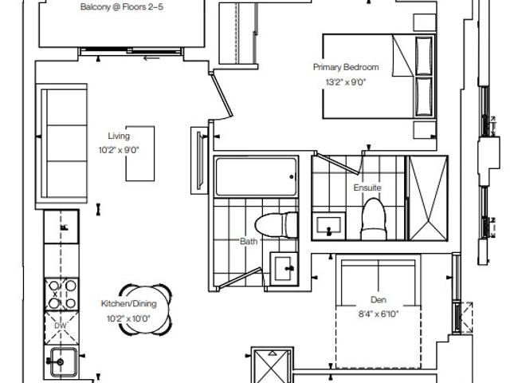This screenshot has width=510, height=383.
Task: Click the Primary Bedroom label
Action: coord(346,67)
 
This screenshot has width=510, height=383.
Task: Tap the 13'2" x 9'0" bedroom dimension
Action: coord(346,82)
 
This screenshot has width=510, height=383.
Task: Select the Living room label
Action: coord(119,136)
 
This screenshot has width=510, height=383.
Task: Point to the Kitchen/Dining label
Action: coord(129,303)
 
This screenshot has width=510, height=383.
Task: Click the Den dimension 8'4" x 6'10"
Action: coord(379,314)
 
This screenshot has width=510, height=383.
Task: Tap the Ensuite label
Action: coord(367,188)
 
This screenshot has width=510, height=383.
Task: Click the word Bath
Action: coord(249,241)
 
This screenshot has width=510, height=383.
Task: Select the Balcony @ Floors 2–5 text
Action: coord(122,7)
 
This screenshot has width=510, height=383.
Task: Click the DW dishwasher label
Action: coord(61,326)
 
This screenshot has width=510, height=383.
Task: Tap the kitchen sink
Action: coord(63,361)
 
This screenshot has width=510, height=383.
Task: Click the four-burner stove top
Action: coord(61,294)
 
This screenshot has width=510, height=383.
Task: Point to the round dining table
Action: coord(145,310)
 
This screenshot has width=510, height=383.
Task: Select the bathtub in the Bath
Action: coord(256,177)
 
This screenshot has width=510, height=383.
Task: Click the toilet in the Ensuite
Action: coord(374,219)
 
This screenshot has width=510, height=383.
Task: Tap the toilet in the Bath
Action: coord(277,225)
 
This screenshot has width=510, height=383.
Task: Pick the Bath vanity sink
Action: coord(284,269)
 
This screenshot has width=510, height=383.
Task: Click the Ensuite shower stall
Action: coord(427,198)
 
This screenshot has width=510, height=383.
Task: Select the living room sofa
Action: coord(61,144)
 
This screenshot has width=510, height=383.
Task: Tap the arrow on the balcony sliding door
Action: coord(151,58)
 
